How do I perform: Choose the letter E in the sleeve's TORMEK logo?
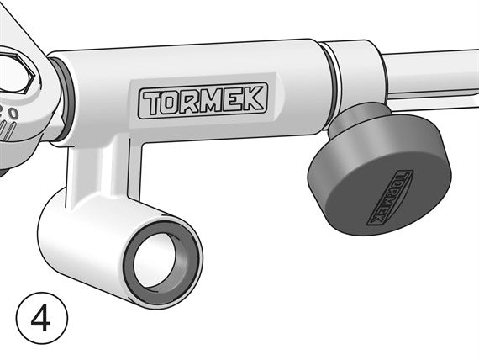pyautogui.click(x=236, y=100)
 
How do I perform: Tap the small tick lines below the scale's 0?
pyautogui.click(x=6, y=130)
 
